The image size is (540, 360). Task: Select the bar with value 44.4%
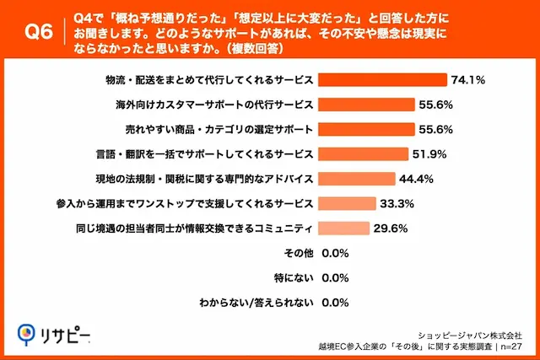358,179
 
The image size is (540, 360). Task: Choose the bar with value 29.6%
345,228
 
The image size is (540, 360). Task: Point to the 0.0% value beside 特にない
336,277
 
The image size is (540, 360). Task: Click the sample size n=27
517,346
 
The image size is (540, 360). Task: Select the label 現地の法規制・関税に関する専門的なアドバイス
207,179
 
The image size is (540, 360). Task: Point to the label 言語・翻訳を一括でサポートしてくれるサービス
207,154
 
